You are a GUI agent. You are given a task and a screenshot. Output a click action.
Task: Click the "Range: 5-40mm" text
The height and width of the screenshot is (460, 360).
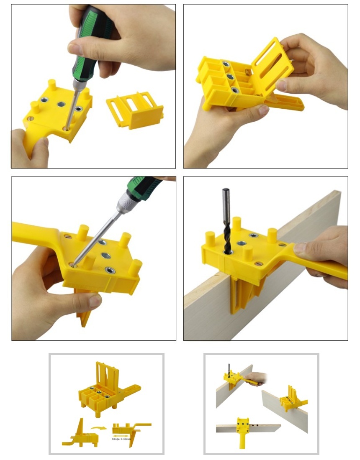pyautogui.click(x=121, y=439)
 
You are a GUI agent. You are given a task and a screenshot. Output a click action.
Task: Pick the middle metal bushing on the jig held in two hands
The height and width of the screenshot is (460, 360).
pyautogui.click(x=230, y=77)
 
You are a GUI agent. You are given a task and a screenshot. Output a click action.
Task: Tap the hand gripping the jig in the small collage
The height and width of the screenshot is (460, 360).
pyautogui.click(x=256, y=378)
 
